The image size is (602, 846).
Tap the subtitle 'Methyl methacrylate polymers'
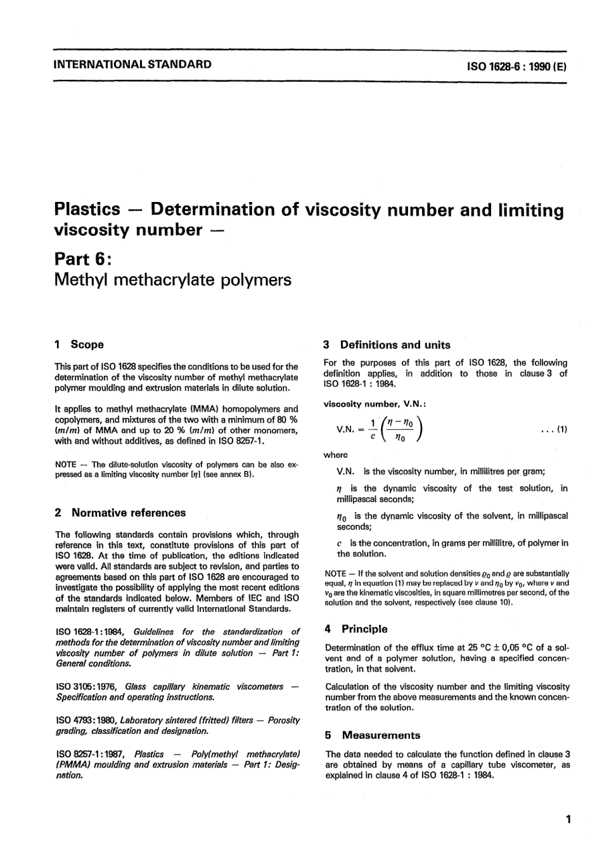[173, 280]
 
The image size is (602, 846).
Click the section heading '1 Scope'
[79, 344]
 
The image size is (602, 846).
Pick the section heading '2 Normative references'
[120, 513]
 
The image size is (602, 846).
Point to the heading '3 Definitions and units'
[387, 345]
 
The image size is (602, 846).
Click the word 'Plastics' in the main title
[87, 209]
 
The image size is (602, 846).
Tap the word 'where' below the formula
[336, 455]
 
